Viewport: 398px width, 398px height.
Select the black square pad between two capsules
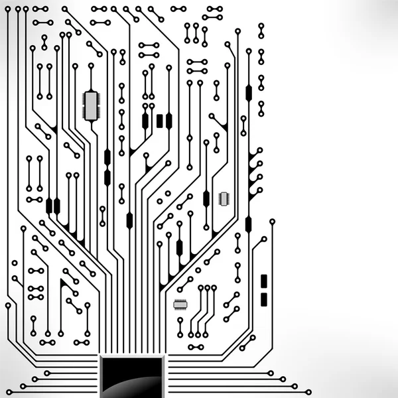pos(160,120)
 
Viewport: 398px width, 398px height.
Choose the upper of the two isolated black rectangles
pos(264,281)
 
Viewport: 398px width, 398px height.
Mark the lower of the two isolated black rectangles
pos(264,299)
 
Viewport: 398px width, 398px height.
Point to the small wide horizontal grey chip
pos(180,304)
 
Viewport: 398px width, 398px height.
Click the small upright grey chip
pos(224,198)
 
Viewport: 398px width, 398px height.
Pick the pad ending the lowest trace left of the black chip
pos(22,386)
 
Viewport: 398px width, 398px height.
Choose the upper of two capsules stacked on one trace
pos(107,157)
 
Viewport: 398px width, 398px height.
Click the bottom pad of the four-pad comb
pos(259,188)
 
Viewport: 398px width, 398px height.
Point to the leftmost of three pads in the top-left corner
pos(9,10)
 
